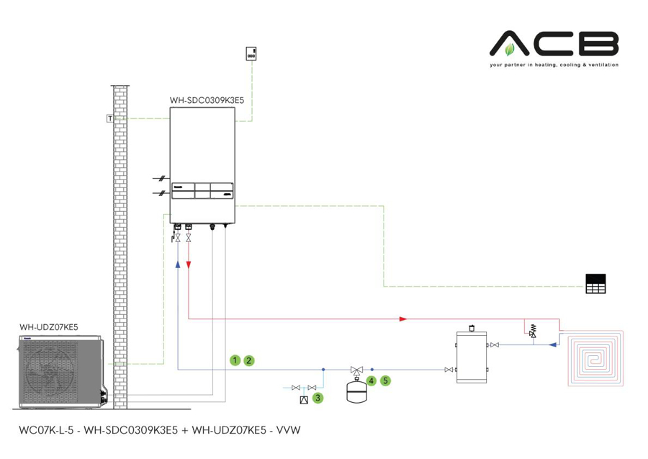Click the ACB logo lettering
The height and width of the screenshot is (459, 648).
(554, 45)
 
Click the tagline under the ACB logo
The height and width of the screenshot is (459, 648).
(554, 65)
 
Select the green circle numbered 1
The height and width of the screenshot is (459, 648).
(235, 360)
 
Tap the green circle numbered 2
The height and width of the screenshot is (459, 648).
(249, 360)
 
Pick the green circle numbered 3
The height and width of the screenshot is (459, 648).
(318, 397)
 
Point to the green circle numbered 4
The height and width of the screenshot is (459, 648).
(372, 380)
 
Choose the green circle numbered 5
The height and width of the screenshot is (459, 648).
(386, 380)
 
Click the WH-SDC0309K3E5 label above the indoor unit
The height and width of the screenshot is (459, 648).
(207, 101)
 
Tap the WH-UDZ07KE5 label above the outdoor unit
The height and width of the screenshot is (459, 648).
(48, 328)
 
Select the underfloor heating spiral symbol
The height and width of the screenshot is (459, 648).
(598, 360)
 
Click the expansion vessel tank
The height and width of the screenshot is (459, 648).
(356, 390)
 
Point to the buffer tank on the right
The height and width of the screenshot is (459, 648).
(472, 356)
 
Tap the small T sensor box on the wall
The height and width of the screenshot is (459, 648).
(109, 118)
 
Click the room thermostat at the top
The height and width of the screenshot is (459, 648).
(252, 54)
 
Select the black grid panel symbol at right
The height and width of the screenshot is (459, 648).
(596, 285)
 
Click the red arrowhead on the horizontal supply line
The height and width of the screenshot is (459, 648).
(403, 318)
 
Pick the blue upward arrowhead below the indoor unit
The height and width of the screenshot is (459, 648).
(177, 264)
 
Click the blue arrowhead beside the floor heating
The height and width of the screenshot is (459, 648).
(552, 344)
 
